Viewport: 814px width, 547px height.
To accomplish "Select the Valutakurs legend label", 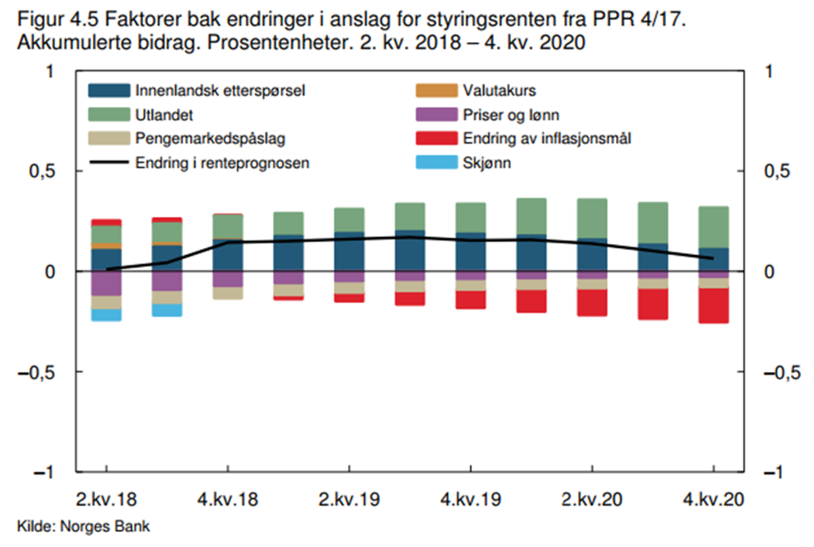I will pyautogui.click(x=503, y=90).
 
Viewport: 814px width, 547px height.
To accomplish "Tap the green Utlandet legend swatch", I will pyautogui.click(x=109, y=115).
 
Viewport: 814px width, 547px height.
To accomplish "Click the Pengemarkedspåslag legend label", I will pyautogui.click(x=211, y=139).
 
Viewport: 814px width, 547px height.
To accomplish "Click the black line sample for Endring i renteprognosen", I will pyautogui.click(x=109, y=163).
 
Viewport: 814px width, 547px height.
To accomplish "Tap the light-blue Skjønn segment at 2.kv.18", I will pyautogui.click(x=106, y=315).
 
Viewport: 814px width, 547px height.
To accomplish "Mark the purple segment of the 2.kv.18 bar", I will pyautogui.click(x=106, y=283).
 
